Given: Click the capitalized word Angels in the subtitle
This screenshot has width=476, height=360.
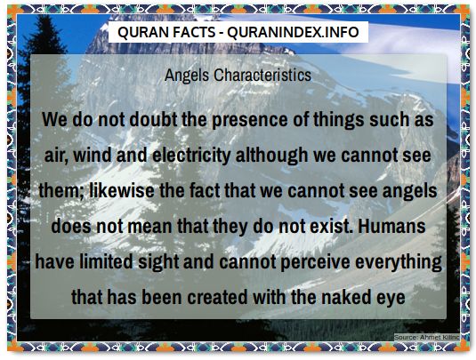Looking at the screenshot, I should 187,76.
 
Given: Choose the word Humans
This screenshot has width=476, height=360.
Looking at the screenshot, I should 401,226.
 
